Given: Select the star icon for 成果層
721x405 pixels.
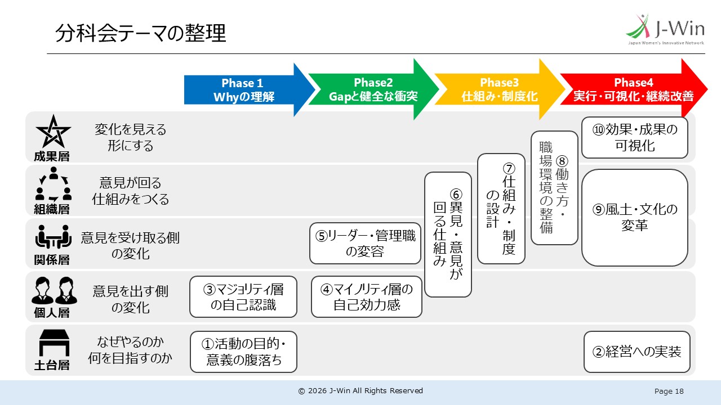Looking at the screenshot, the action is (x=53, y=132).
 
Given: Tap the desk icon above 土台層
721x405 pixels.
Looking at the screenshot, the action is (x=54, y=343).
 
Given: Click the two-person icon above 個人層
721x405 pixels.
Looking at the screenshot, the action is (x=54, y=290).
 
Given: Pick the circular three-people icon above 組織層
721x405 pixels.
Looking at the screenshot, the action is (x=53, y=184).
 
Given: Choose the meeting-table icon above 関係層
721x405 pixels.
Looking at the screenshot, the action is (x=53, y=237).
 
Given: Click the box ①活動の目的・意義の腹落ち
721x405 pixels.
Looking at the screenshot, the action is (x=243, y=352).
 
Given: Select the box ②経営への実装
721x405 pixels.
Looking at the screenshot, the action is (x=637, y=352).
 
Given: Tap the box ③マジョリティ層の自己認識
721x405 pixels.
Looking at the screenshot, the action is (x=243, y=296).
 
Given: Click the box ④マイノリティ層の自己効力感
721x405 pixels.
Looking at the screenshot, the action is (x=367, y=296).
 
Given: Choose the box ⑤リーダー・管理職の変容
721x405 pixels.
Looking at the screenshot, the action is (x=366, y=244).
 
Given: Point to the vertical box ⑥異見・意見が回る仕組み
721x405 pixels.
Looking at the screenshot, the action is (x=448, y=235).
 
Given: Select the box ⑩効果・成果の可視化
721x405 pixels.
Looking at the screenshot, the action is (x=635, y=138).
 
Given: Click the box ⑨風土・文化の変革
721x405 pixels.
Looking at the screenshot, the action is (x=635, y=218).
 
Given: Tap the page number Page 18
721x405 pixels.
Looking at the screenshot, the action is (x=669, y=391).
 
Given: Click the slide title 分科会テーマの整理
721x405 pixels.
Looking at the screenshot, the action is (x=141, y=33).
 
